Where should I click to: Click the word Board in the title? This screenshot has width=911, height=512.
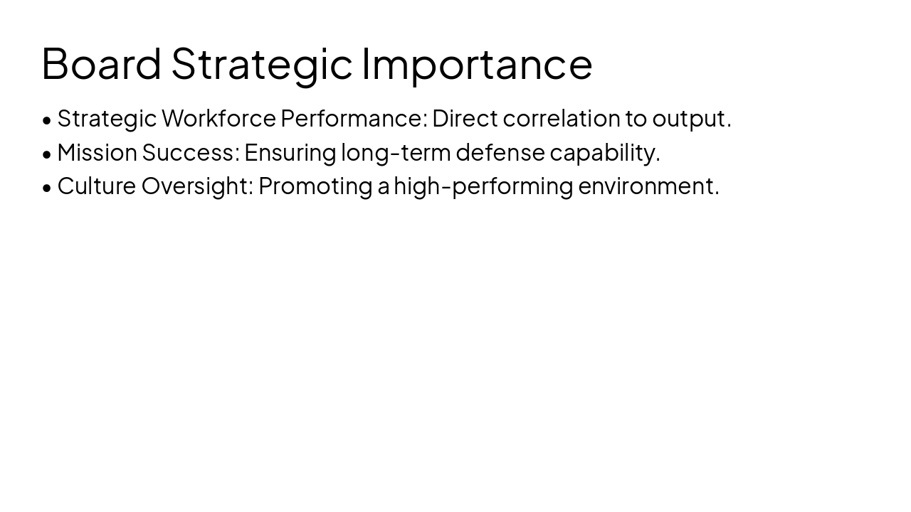(101, 63)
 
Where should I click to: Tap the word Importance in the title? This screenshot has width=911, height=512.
(477, 63)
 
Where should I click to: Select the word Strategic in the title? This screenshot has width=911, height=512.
(261, 63)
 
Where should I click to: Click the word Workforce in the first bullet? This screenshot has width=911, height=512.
(218, 118)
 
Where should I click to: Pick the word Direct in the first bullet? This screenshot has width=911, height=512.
(465, 118)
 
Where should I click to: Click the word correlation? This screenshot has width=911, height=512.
(562, 118)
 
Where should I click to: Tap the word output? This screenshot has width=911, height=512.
(691, 118)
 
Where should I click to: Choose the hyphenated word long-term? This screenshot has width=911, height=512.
(396, 152)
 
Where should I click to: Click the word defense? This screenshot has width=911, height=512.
(500, 152)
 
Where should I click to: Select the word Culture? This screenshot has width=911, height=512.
(96, 186)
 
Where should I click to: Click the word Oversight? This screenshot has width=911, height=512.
(197, 186)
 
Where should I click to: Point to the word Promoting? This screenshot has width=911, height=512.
(315, 186)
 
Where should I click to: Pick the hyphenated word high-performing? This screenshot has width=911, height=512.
(483, 186)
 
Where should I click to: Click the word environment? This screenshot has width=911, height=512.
(648, 186)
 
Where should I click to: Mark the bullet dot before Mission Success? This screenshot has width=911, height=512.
(47, 154)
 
